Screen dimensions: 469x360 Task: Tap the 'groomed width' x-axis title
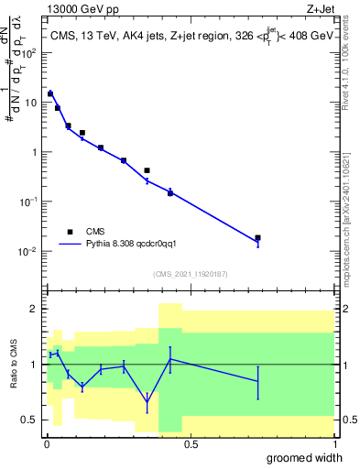[302, 458]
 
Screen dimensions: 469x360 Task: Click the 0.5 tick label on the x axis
[190, 444]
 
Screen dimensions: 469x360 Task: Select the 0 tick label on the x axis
[47, 444]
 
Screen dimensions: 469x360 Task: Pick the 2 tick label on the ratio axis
[35, 309]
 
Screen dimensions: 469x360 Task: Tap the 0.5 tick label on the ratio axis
[30, 420]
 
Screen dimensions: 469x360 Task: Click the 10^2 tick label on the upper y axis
[29, 52]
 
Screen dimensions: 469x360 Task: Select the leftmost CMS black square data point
[50, 93]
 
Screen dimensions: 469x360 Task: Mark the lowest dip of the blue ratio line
[147, 402]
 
